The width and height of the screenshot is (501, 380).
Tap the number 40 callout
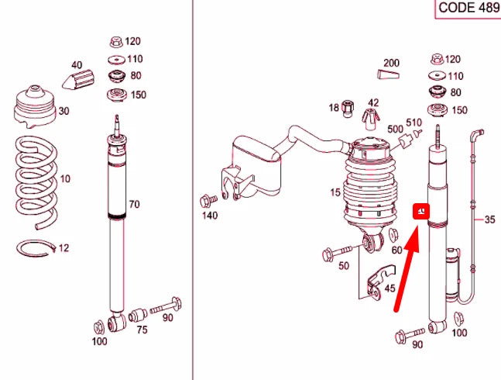pos(77,66)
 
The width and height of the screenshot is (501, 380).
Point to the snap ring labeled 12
pos(34,248)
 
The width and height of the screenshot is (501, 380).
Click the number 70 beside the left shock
pos(134,205)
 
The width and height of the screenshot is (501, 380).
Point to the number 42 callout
pos(373,102)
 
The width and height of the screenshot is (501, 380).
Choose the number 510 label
pos(413,123)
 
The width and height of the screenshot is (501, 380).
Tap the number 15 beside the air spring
pos(335,192)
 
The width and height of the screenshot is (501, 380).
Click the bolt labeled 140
pos(206,199)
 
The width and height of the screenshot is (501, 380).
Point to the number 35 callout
pos(489,220)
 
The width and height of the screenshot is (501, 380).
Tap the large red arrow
pos(406,268)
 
